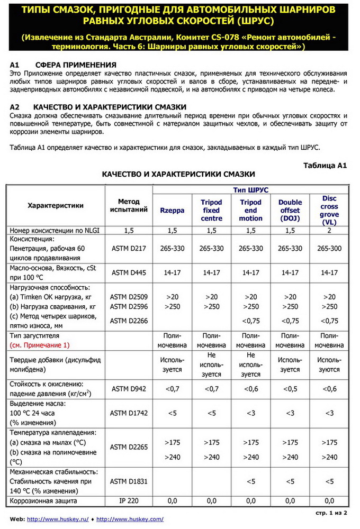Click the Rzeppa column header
(172, 210)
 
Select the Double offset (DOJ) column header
(290, 210)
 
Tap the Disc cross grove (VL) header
(329, 210)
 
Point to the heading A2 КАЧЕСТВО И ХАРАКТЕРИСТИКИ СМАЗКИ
(97, 106)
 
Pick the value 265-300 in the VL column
(329, 249)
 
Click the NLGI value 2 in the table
(329, 230)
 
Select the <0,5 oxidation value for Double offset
(290, 389)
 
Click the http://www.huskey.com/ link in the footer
(130, 519)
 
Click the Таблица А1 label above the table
(325, 165)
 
